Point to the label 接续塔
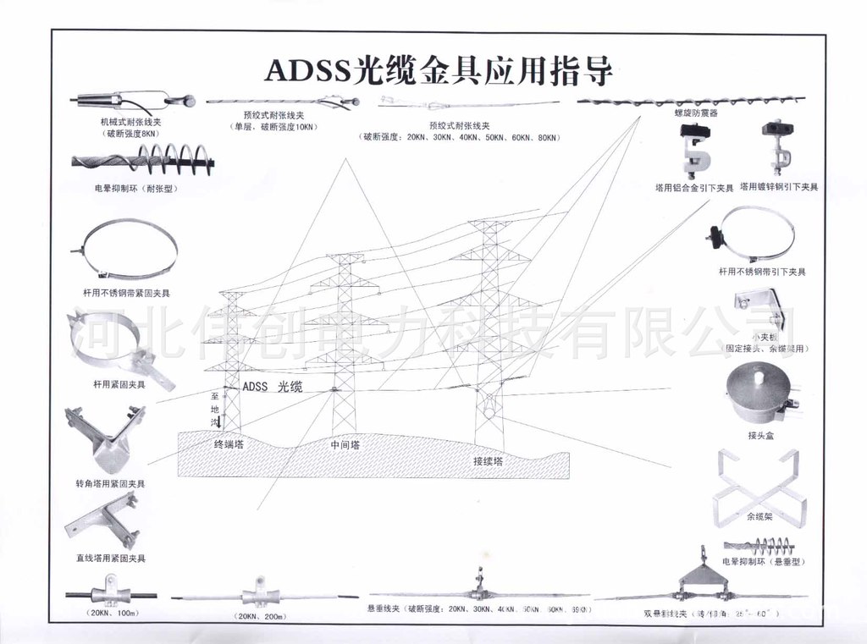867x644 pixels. tap(488, 461)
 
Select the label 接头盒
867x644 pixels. tap(760, 436)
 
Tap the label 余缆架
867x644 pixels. tap(759, 516)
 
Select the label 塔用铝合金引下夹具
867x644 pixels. tap(693, 187)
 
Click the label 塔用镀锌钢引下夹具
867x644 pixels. tap(778, 187)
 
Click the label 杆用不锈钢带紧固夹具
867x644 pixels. tap(120, 293)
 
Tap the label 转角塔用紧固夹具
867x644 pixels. tap(109, 484)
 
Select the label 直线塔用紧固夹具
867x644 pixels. tap(110, 559)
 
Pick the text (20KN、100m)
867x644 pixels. tap(111, 614)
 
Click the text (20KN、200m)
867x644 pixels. tap(260, 615)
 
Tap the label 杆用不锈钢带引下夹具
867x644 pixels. tap(761, 272)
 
